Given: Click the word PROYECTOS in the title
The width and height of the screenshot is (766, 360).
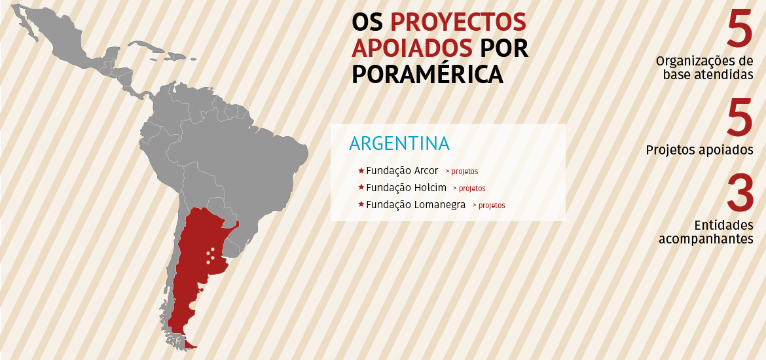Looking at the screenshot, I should [x=458, y=22].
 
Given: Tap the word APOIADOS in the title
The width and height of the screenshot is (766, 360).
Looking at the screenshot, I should [x=412, y=48].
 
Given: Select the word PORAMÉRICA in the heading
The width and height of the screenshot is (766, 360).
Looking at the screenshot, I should [x=428, y=74].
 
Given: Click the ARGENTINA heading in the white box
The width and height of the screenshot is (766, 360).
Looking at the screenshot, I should [x=399, y=144].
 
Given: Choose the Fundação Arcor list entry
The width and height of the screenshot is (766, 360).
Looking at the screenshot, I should [x=402, y=171].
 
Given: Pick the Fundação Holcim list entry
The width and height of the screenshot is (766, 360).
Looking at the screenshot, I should [x=406, y=188].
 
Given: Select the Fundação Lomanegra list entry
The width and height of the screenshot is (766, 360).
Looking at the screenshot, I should [x=416, y=205].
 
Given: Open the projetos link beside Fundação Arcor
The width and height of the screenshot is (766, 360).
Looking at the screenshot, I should [x=462, y=171].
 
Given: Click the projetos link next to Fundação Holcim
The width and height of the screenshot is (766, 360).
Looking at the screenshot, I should [x=469, y=189].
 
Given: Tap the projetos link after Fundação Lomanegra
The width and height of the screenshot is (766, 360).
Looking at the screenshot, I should [x=488, y=206].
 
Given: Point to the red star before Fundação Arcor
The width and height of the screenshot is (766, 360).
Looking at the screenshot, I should [x=361, y=171].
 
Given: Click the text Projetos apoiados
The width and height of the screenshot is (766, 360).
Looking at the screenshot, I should [x=699, y=150].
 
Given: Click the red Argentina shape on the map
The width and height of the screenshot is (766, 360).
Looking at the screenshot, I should [x=196, y=262].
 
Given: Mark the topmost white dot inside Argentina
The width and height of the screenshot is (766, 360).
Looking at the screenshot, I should [x=208, y=251].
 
